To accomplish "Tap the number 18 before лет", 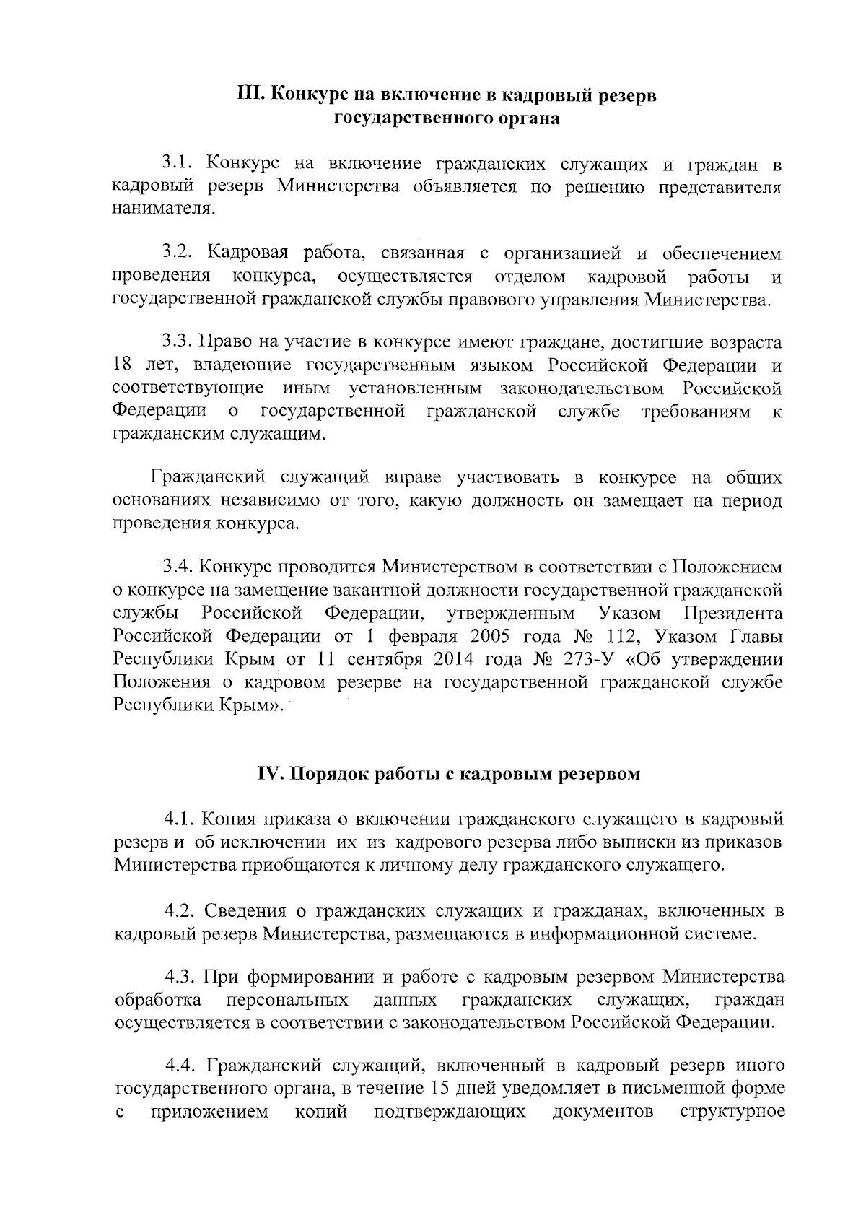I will pyautogui.click(x=123, y=366).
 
